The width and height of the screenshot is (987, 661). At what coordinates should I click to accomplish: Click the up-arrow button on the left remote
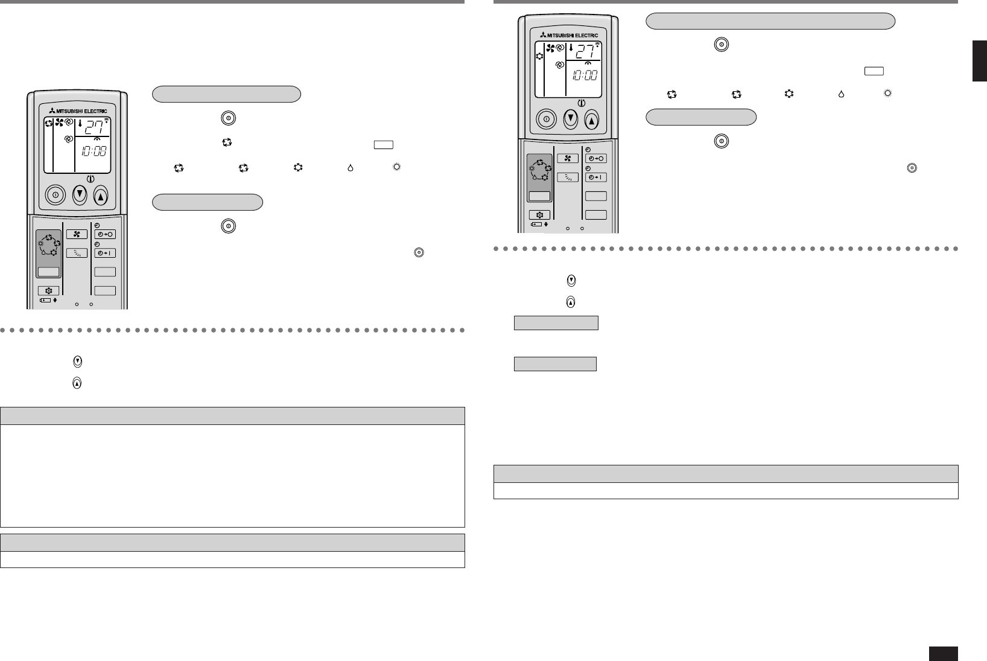coord(101,196)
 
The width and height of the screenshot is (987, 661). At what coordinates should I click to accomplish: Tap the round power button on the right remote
coord(547,120)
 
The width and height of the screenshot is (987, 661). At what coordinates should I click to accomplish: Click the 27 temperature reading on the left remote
coord(93,128)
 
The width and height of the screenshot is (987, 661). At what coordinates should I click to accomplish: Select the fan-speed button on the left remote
coord(77,234)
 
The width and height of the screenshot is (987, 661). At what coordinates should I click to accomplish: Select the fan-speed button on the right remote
coord(567,158)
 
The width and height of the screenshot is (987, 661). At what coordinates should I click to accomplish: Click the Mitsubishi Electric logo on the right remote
coord(569,35)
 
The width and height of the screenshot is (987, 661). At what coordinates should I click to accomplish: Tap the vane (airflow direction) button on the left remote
coord(77,254)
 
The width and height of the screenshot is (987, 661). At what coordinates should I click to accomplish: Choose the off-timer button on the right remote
coord(595,158)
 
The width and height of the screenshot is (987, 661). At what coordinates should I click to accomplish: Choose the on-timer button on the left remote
coord(105,254)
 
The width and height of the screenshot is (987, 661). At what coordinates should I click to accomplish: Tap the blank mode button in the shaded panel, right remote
coord(539,196)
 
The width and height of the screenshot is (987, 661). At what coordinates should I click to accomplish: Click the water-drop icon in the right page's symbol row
coord(840,94)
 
